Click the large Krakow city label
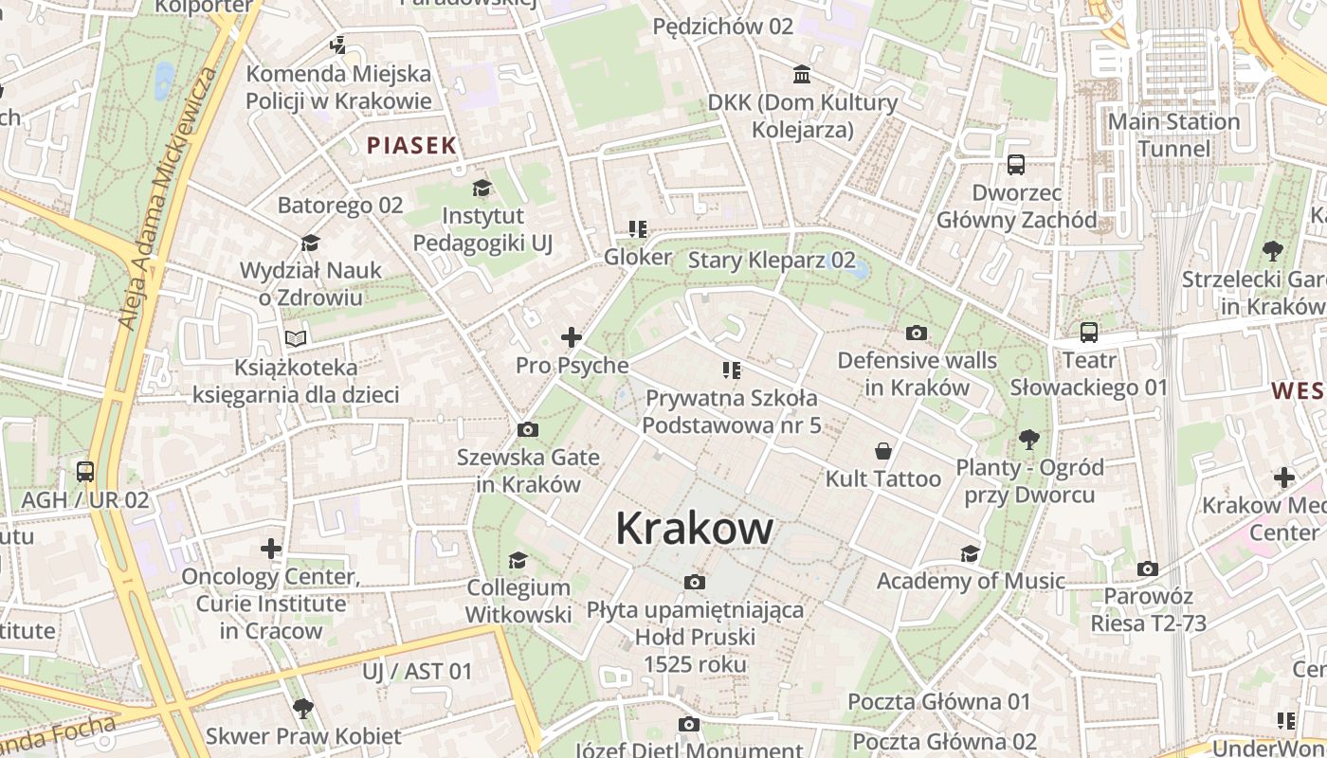694,528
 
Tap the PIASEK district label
412,145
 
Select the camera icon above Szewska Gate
528,430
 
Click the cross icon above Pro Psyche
572,336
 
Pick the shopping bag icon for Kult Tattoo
883,451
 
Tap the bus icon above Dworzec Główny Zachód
1016,165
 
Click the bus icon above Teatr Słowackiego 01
1089,333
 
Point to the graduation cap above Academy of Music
970,553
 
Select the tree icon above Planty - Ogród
1029,440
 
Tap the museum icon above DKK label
802,75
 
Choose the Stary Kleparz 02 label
772,260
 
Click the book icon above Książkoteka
296,338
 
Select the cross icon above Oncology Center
271,549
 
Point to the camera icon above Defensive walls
917,333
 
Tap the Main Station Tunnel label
1173,135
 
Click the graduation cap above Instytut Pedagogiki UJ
482,188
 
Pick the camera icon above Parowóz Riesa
1148,568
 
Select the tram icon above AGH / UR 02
85,471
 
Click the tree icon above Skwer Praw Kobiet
303,708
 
